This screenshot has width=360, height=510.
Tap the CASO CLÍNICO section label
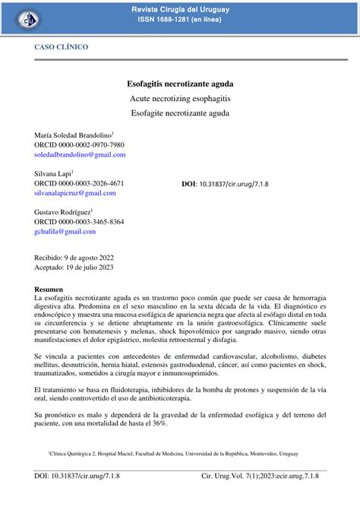pos(61,47)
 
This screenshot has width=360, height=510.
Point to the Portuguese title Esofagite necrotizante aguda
pos(180,113)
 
